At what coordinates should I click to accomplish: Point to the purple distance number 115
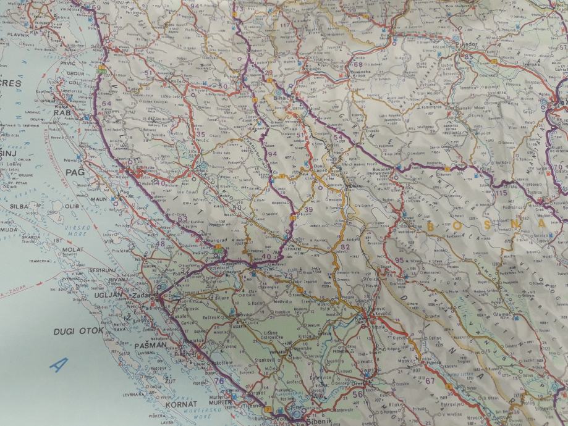click(x=501, y=193)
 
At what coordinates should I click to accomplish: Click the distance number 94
click(x=272, y=154)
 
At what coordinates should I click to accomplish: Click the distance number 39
click(x=308, y=211)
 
